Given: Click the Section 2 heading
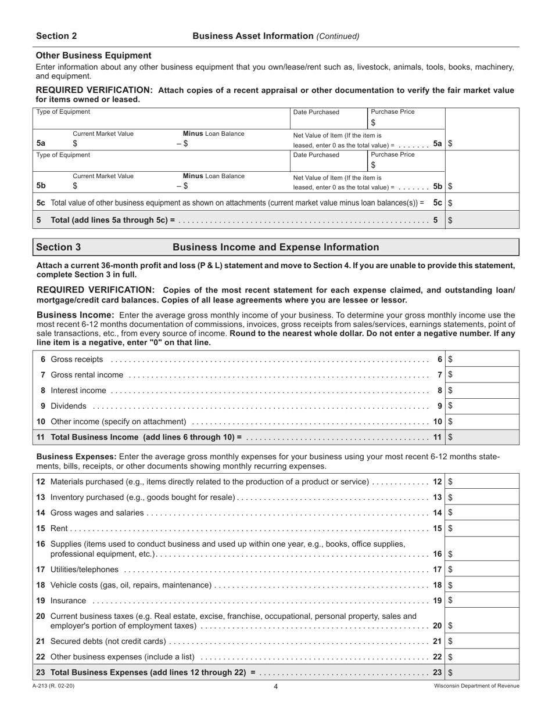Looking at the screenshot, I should [x=56, y=36].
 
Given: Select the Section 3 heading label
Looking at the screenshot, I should [x=59, y=247].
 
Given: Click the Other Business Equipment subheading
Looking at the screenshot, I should [x=94, y=55].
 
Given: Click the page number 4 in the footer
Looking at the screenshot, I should [x=276, y=687].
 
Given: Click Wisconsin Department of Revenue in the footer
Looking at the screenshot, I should [x=476, y=686].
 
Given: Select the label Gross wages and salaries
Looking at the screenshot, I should [x=97, y=513].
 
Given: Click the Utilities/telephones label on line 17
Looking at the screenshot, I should [x=85, y=569].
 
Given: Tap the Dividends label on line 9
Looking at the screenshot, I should [x=69, y=406].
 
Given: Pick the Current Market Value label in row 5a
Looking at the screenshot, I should [x=103, y=134].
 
